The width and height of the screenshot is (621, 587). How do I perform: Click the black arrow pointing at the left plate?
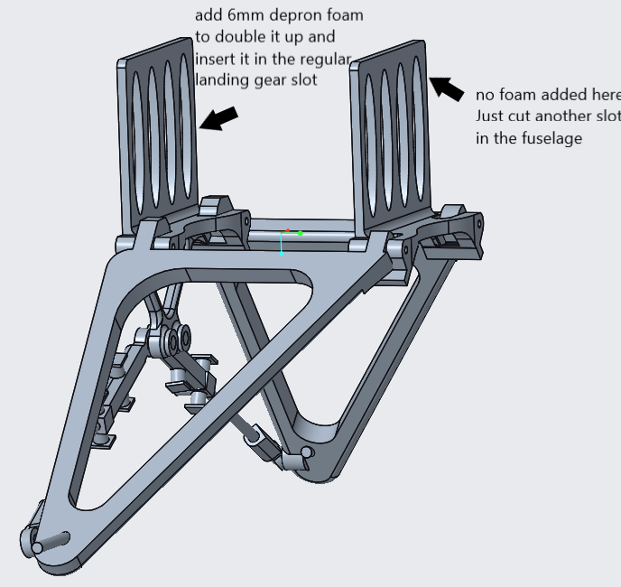218,118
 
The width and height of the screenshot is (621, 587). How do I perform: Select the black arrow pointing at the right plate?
446,89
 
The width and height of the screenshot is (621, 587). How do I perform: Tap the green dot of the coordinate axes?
301,234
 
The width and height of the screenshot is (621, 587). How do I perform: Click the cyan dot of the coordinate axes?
282,254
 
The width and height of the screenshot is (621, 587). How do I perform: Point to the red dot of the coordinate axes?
288,230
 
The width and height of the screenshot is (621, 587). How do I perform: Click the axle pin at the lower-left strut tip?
51,542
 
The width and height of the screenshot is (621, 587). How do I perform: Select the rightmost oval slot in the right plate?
418,130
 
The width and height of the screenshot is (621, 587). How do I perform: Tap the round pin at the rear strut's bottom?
307,452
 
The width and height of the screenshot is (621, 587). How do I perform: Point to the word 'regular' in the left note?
325,60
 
